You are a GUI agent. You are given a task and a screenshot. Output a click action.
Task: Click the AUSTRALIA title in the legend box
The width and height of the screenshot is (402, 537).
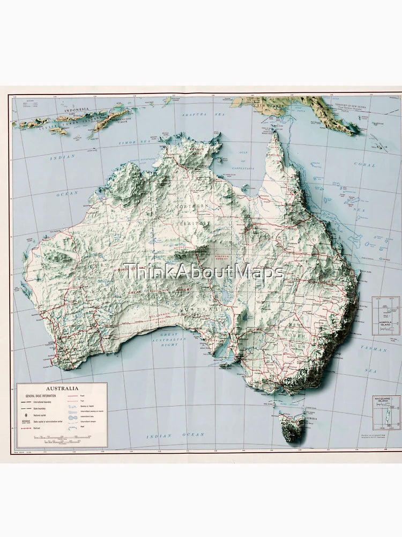click(62, 388)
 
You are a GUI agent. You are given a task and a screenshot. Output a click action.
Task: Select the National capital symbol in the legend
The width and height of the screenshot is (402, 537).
click(25, 416)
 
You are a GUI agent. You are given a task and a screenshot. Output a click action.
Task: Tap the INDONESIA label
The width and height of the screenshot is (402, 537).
click(76, 110)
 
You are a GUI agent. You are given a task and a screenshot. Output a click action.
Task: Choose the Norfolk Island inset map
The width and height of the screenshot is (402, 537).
click(386, 316)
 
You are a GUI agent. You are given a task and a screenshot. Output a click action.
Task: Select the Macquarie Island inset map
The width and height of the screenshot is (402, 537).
click(386, 412)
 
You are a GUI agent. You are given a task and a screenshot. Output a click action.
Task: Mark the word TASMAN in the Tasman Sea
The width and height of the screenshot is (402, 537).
click(373, 349)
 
